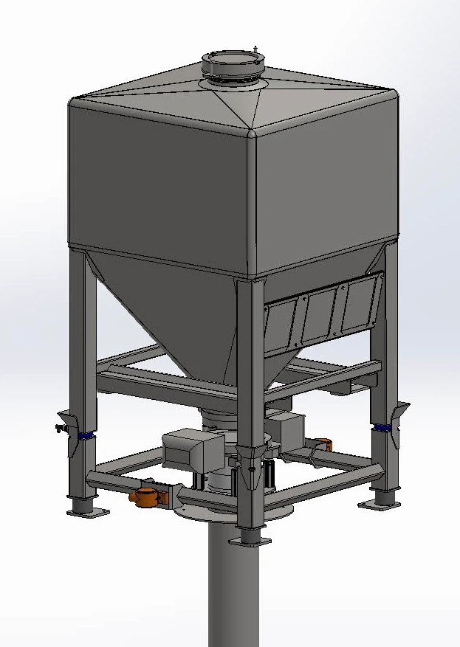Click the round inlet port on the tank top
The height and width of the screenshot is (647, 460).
point(232,63)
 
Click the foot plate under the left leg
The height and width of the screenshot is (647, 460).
point(86,511)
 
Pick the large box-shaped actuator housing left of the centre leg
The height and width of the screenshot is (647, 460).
point(188,447)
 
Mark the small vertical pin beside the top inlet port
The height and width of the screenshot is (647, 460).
point(256,49)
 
